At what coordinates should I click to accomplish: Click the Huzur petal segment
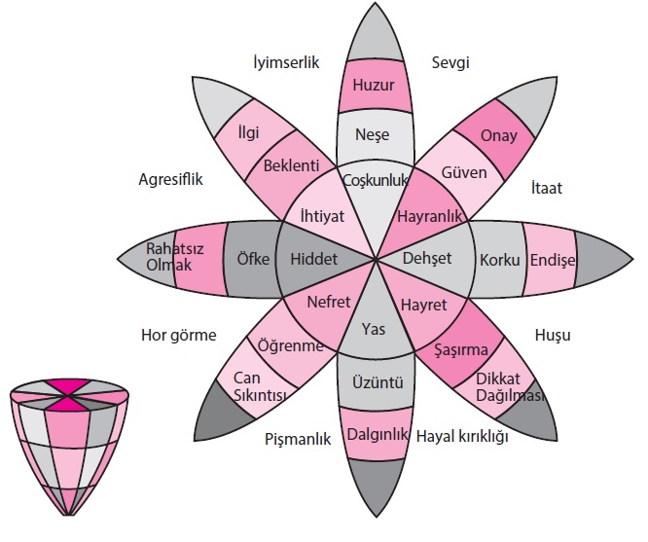(375, 86)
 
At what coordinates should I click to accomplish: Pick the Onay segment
(498, 136)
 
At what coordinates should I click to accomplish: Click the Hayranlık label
(429, 218)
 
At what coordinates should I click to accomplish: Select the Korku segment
(499, 261)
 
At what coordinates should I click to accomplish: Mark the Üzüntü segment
(375, 382)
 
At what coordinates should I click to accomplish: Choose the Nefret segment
(328, 302)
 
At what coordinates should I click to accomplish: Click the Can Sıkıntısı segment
(239, 386)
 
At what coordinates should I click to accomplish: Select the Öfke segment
(253, 258)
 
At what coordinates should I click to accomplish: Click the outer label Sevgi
(450, 63)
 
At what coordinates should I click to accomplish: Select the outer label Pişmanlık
(298, 440)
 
